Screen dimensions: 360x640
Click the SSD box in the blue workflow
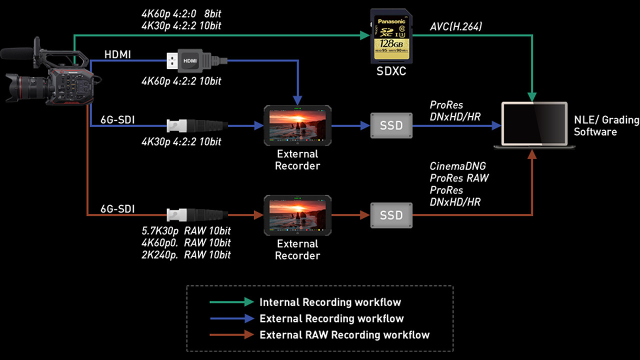391,125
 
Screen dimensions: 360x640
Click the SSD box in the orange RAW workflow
391,215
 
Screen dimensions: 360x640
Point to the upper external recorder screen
297,124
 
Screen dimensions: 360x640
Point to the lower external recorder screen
297,214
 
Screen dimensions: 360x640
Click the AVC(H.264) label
455,27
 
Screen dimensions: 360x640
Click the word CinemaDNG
457,166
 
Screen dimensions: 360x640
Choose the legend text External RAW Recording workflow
344,335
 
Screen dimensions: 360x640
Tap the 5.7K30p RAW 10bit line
186,231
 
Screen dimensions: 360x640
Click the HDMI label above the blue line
117,54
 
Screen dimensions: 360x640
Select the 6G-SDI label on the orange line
117,209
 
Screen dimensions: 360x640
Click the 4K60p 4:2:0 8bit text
181,13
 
